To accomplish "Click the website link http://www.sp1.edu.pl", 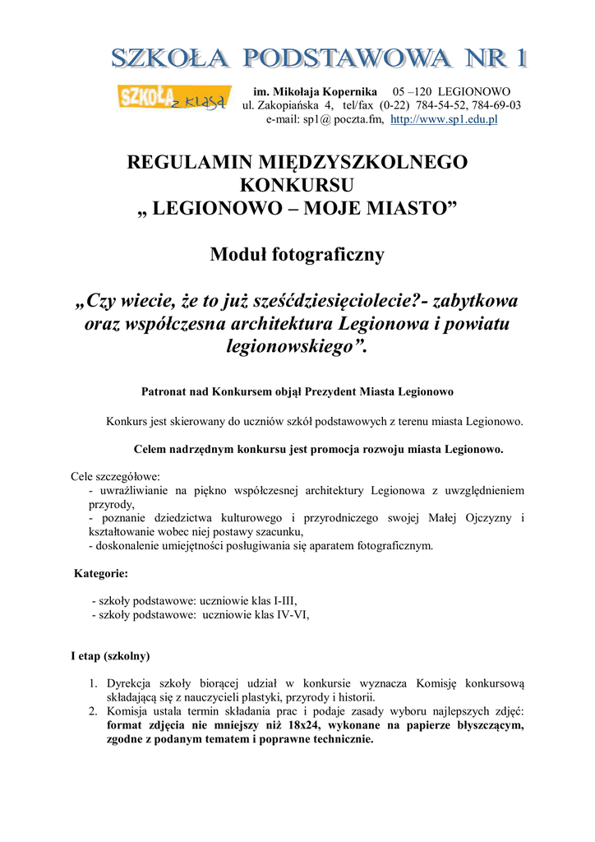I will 444,119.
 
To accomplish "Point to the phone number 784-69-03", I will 495,105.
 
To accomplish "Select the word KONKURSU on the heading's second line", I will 297,185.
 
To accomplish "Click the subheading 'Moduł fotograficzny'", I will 297,255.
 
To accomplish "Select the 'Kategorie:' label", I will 101,573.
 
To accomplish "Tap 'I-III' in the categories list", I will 284,601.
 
